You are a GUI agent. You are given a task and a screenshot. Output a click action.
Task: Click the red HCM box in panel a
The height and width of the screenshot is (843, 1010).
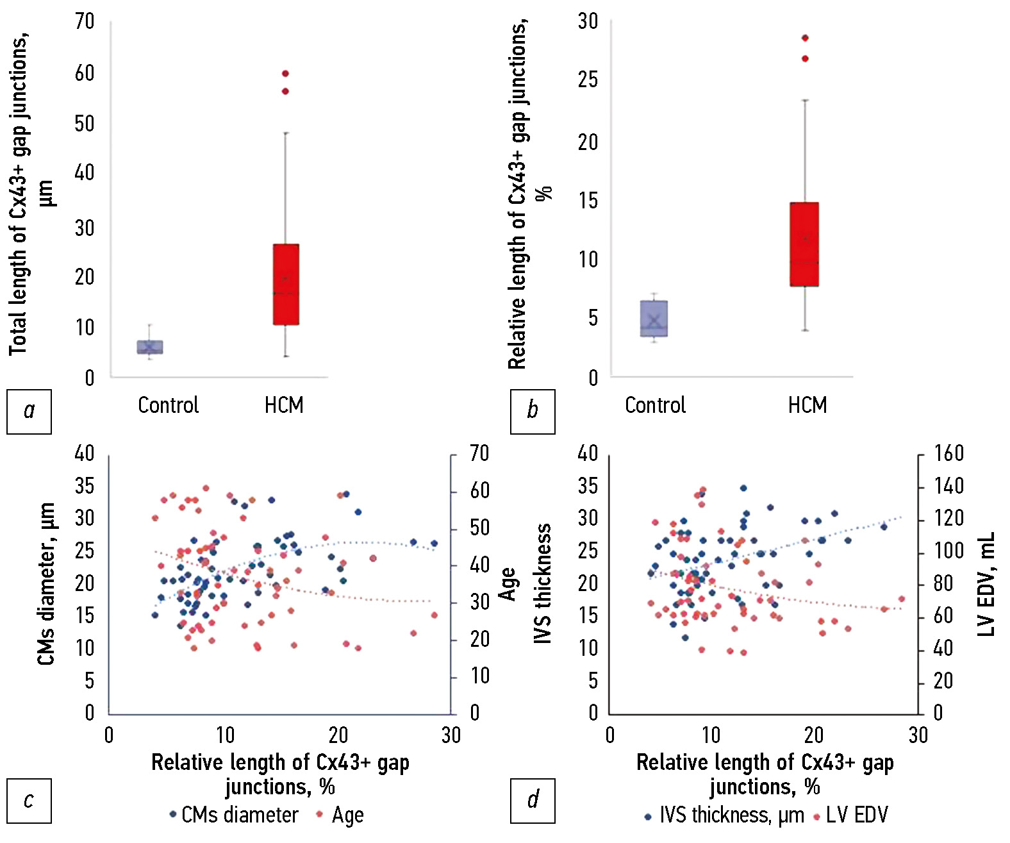tap(286, 284)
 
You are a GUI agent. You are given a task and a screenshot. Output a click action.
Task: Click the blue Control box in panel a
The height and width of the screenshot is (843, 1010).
tap(150, 347)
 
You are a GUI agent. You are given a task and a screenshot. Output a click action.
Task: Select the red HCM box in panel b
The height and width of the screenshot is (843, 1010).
tap(804, 244)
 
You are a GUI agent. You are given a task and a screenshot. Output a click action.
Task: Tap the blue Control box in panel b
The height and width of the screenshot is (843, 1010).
tap(654, 319)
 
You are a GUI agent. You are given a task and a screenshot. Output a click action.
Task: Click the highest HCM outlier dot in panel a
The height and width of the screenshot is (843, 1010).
tap(285, 74)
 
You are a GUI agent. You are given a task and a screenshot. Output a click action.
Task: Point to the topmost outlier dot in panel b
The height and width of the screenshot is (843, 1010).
tap(805, 38)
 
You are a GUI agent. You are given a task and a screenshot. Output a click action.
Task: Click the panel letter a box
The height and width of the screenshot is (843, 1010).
tap(29, 411)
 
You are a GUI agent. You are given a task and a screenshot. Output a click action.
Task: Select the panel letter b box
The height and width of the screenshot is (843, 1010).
tap(533, 411)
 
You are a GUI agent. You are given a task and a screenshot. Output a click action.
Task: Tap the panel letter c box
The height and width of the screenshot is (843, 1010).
tap(29, 801)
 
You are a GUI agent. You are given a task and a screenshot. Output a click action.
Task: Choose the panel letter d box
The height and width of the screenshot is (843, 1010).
tap(533, 801)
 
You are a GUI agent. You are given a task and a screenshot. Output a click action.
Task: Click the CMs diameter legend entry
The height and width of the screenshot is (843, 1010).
tap(234, 815)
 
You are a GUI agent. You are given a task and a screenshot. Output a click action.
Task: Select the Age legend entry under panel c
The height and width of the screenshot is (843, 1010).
tap(341, 815)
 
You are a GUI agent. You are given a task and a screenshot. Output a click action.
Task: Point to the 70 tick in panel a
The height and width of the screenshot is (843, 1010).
tap(85, 22)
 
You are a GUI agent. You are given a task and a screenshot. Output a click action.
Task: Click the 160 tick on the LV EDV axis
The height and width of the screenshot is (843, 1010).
tap(948, 454)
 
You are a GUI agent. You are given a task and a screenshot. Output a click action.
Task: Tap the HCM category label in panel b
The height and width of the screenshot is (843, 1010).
tap(807, 405)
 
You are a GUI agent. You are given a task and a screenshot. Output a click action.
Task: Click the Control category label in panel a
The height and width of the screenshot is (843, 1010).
tap(169, 405)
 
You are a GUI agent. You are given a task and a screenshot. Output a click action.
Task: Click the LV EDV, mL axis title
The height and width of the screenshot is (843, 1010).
tap(987, 584)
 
